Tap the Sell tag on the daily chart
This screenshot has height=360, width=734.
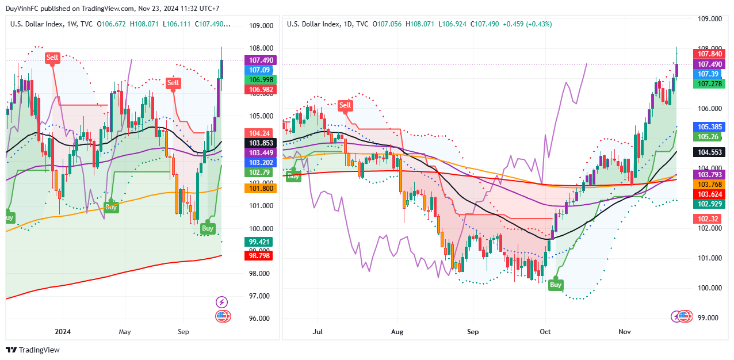coord(345,105)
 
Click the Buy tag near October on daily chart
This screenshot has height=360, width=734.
coord(556,284)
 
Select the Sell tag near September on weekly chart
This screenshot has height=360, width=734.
coord(173,83)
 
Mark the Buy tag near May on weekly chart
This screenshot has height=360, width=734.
coord(112,206)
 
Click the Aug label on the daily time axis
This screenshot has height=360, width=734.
coord(397,332)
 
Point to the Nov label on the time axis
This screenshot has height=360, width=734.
coord(624,332)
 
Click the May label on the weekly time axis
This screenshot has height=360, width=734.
coord(125,332)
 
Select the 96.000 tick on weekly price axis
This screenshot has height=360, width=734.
coord(261,318)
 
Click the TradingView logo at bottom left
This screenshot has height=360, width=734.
coord(33,350)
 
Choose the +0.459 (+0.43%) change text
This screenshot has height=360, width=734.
coord(527,24)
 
